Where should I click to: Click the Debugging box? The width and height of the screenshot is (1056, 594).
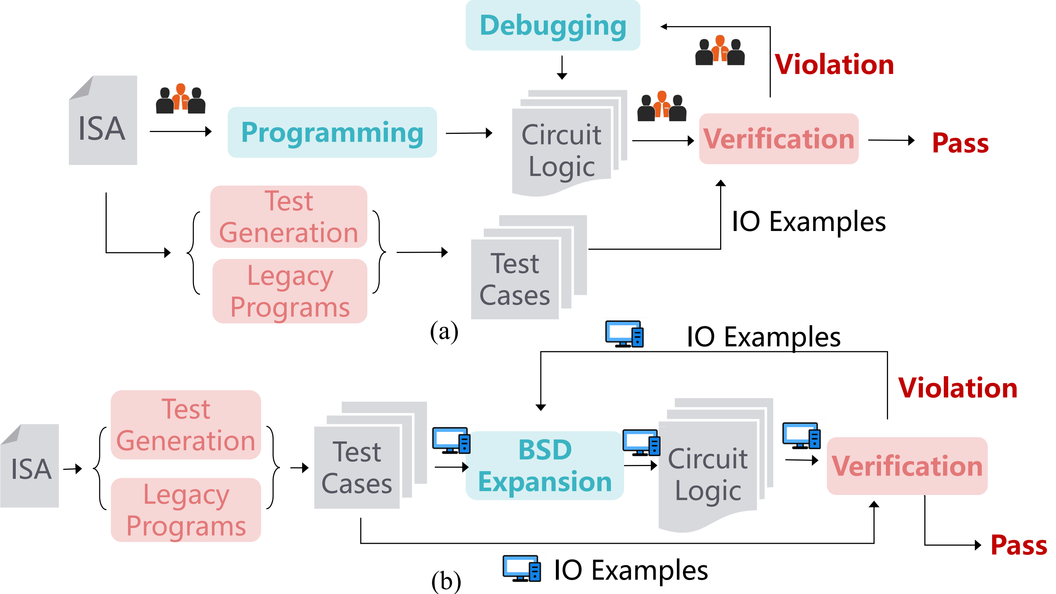coord(553,25)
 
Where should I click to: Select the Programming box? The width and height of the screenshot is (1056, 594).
coord(332,132)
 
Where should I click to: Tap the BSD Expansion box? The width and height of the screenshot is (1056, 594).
coord(545,465)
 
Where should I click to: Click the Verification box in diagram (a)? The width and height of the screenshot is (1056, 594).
coord(778,139)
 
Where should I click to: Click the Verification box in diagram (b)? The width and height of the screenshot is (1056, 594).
coord(907,466)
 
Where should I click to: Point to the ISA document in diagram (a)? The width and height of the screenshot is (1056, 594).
coord(103,121)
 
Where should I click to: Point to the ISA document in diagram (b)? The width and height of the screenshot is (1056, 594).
coord(30,466)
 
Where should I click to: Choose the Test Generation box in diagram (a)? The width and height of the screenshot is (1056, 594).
coord(289,217)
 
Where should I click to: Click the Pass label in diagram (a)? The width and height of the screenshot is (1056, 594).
coord(960,143)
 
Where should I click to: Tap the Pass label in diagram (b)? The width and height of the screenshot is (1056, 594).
coord(1019,545)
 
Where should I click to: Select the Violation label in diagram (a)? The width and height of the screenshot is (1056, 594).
coord(834,65)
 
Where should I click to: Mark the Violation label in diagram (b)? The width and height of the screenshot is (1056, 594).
coord(958,388)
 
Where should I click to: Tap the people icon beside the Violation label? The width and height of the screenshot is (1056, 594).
coord(720,51)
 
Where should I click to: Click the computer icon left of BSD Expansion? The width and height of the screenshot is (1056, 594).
coord(451,441)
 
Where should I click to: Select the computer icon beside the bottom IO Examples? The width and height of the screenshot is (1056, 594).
coord(521,568)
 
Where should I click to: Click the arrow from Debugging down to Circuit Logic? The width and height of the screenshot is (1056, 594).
coord(562,67)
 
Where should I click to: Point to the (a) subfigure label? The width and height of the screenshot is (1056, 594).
coord(444,331)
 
